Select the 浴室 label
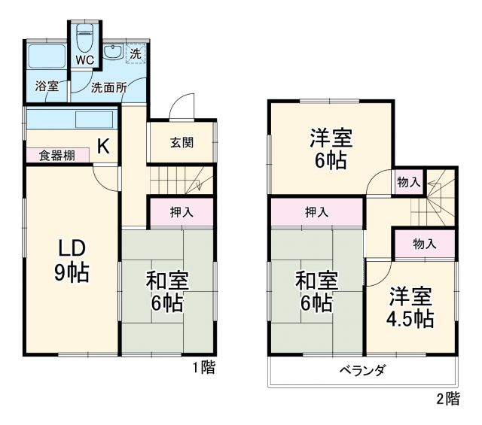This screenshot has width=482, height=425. [47, 87]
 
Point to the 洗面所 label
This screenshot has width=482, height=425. [108, 87]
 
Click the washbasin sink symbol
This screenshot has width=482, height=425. [114, 52]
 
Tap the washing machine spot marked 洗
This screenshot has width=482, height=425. [136, 53]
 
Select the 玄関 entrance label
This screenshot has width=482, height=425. [181, 141]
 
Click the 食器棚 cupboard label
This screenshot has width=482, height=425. [57, 155]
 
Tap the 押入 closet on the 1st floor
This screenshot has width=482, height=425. [181, 212]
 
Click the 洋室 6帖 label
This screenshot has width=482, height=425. [331, 149]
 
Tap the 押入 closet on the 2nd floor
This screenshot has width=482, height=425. [316, 212]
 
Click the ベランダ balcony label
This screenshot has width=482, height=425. [362, 370]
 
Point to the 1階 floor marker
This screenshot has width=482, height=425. [203, 368]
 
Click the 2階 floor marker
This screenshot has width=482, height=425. [447, 399]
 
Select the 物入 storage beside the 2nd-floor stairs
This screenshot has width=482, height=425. [408, 181]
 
